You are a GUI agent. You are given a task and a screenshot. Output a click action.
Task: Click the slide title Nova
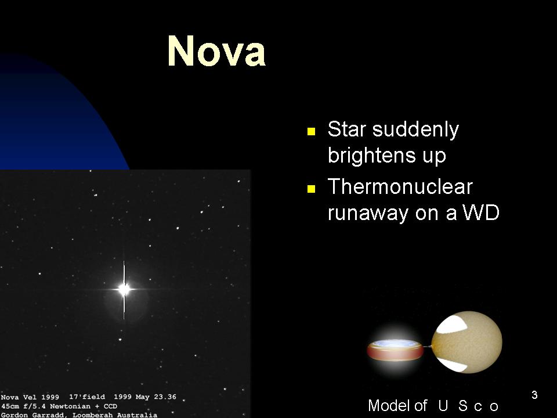click(216, 51)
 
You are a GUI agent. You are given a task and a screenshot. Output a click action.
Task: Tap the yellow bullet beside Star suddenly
click(311, 132)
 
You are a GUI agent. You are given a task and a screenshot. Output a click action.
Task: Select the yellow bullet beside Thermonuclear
click(311, 188)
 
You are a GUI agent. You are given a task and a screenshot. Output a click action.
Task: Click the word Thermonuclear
click(400, 186)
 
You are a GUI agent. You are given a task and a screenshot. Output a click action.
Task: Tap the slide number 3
click(534, 395)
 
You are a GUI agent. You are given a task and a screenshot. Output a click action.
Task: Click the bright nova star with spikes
click(124, 289)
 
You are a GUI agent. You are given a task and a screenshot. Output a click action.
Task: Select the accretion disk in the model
click(395, 349)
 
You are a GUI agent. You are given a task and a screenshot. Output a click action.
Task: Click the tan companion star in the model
click(466, 343)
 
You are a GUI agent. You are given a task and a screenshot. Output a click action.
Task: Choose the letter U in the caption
click(443, 406)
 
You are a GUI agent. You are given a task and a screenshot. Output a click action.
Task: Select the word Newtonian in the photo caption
click(70, 406)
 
